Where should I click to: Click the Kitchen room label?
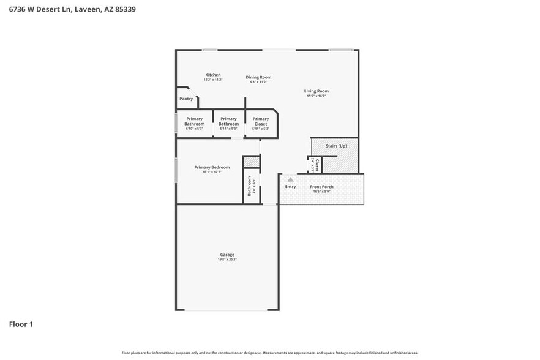click(212, 75)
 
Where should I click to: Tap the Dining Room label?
click(258, 77)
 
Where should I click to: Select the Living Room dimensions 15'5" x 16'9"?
click(317, 96)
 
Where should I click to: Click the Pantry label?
click(186, 99)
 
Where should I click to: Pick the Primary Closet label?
click(261, 121)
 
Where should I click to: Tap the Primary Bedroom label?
click(212, 167)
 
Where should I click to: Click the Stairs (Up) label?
click(336, 146)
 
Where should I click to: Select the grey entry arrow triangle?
click(290, 179)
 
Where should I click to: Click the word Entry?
click(290, 187)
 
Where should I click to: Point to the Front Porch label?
click(321, 187)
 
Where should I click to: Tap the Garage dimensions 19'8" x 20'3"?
click(227, 260)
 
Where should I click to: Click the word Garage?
click(227, 255)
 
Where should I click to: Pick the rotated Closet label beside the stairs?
click(317, 165)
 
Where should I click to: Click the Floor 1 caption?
click(21, 324)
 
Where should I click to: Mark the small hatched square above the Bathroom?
click(252, 162)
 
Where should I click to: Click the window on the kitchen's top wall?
click(210, 50)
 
